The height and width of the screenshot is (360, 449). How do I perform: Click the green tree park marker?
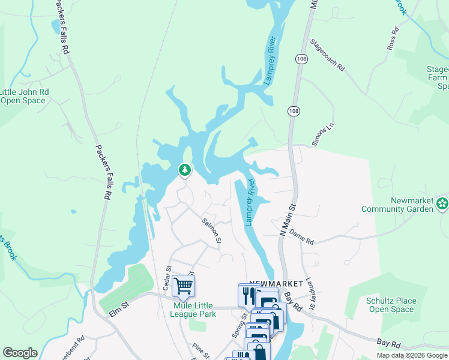click(185, 171)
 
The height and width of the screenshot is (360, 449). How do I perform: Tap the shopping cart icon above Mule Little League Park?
click(183, 286)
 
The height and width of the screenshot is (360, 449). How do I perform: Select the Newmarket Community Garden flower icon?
click(442, 203)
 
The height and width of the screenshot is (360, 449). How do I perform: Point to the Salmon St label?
click(211, 230)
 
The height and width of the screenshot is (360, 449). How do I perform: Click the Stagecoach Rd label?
click(328, 55)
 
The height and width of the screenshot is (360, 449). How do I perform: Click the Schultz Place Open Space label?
click(390, 305)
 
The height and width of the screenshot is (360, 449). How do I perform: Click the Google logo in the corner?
click(19, 353)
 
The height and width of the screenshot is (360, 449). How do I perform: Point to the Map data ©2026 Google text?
click(411, 355)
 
